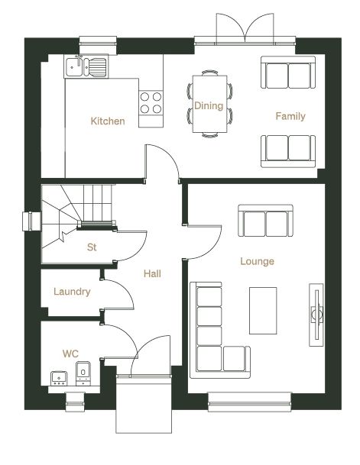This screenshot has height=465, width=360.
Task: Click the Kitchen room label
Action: pyautogui.click(x=108, y=121)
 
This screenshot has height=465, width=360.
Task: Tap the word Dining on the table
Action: pyautogui.click(x=209, y=105)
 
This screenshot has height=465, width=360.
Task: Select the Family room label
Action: pyautogui.click(x=290, y=116)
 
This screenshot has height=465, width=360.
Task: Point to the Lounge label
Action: pyautogui.click(x=257, y=261)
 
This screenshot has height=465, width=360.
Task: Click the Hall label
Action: pyautogui.click(x=152, y=273)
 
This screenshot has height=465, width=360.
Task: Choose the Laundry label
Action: pyautogui.click(x=72, y=292)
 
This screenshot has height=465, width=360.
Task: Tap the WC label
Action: pyautogui.click(x=70, y=354)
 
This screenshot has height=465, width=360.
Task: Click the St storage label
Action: pyautogui.click(x=92, y=247)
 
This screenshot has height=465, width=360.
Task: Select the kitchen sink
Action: pyautogui.click(x=86, y=66)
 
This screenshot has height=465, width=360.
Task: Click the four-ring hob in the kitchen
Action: pyautogui.click(x=151, y=102)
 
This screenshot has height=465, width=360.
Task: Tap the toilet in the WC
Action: pyautogui.click(x=83, y=373)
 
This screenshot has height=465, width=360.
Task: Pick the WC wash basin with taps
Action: pyautogui.click(x=59, y=379)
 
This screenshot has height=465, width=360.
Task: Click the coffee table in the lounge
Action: pyautogui.click(x=263, y=311)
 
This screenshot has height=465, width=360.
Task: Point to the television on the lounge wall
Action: pyautogui.click(x=316, y=315)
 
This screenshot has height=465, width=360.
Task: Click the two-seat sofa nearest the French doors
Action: pyautogui.click(x=288, y=73)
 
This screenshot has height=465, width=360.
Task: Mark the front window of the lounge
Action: pyautogui.click(x=249, y=402)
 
